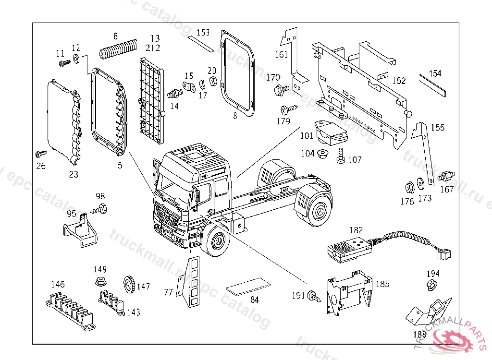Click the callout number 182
[356, 230]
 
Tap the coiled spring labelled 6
[118, 49]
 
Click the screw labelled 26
[40, 154]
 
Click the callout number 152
[398, 81]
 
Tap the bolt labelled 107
[342, 156]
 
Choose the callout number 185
[382, 284]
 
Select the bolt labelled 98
[100, 208]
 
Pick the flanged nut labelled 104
[322, 154]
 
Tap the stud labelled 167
[447, 176]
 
